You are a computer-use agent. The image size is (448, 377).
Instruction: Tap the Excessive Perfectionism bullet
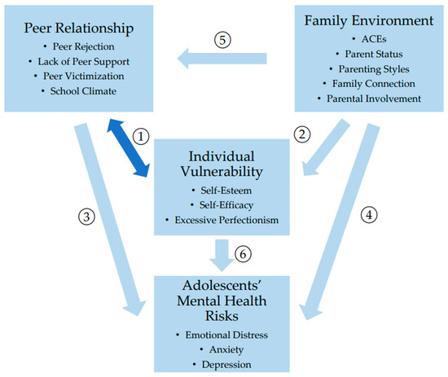point(225,221)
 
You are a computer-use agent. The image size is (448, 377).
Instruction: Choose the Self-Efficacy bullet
point(225,205)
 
